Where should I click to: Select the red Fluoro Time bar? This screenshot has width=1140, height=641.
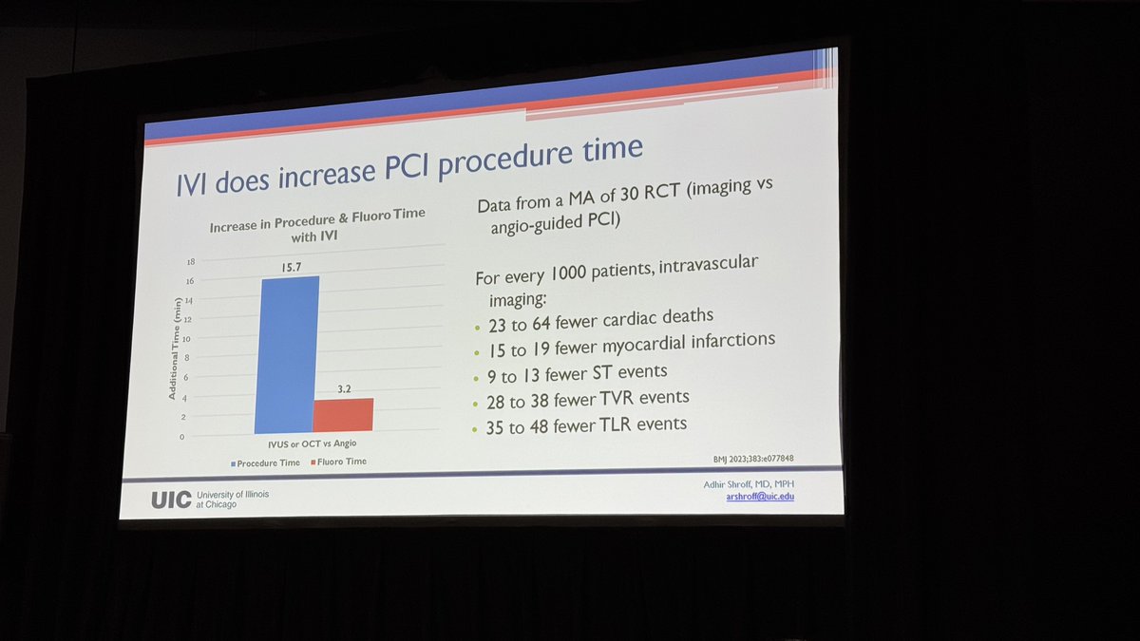[x=343, y=415]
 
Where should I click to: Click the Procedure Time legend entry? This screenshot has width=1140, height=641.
[x=267, y=462]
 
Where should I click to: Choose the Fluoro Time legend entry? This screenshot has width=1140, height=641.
[x=336, y=462]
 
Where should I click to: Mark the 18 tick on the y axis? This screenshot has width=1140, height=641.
[x=190, y=262]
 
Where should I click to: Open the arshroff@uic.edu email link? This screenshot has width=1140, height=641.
[x=759, y=496]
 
